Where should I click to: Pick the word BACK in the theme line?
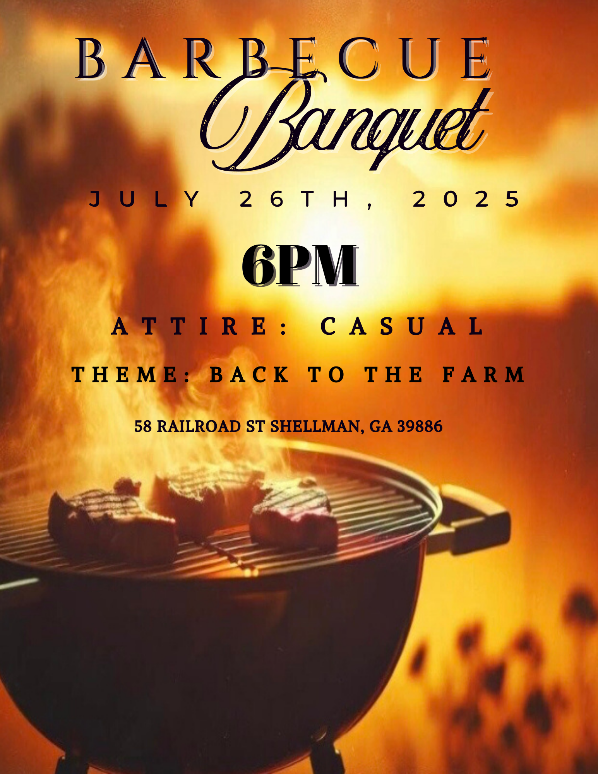click(x=250, y=374)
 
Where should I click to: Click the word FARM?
click(x=484, y=374)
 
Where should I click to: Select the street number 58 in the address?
click(x=143, y=426)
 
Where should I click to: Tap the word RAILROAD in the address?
click(x=199, y=426)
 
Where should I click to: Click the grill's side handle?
click(x=474, y=517)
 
